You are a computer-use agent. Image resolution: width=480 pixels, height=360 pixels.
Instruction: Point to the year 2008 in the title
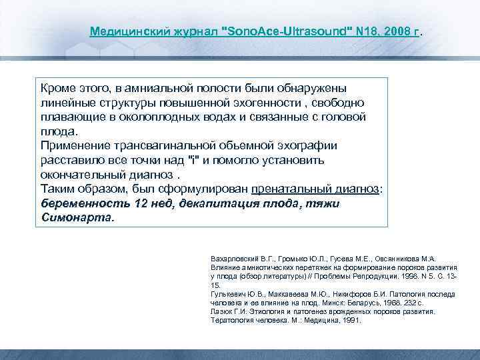[x=391, y=31]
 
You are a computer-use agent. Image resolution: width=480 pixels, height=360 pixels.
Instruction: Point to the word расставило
[x=72, y=161]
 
